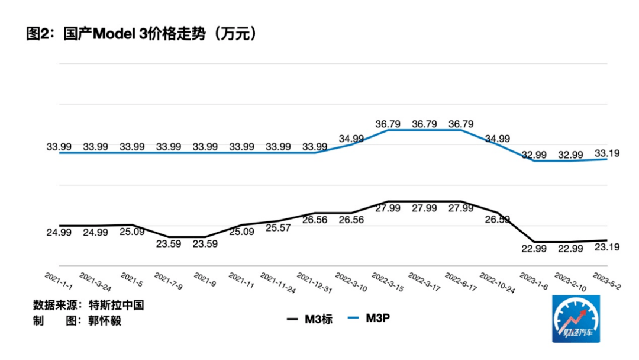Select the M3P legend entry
click(377, 319)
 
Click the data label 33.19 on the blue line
click(608, 153)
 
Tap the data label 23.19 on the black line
click(608, 247)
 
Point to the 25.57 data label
click(278, 228)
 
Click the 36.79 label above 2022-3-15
click(388, 124)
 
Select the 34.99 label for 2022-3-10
click(351, 139)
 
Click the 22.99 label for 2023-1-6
click(534, 248)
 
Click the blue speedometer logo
click(576, 319)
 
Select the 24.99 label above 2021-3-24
click(95, 232)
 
